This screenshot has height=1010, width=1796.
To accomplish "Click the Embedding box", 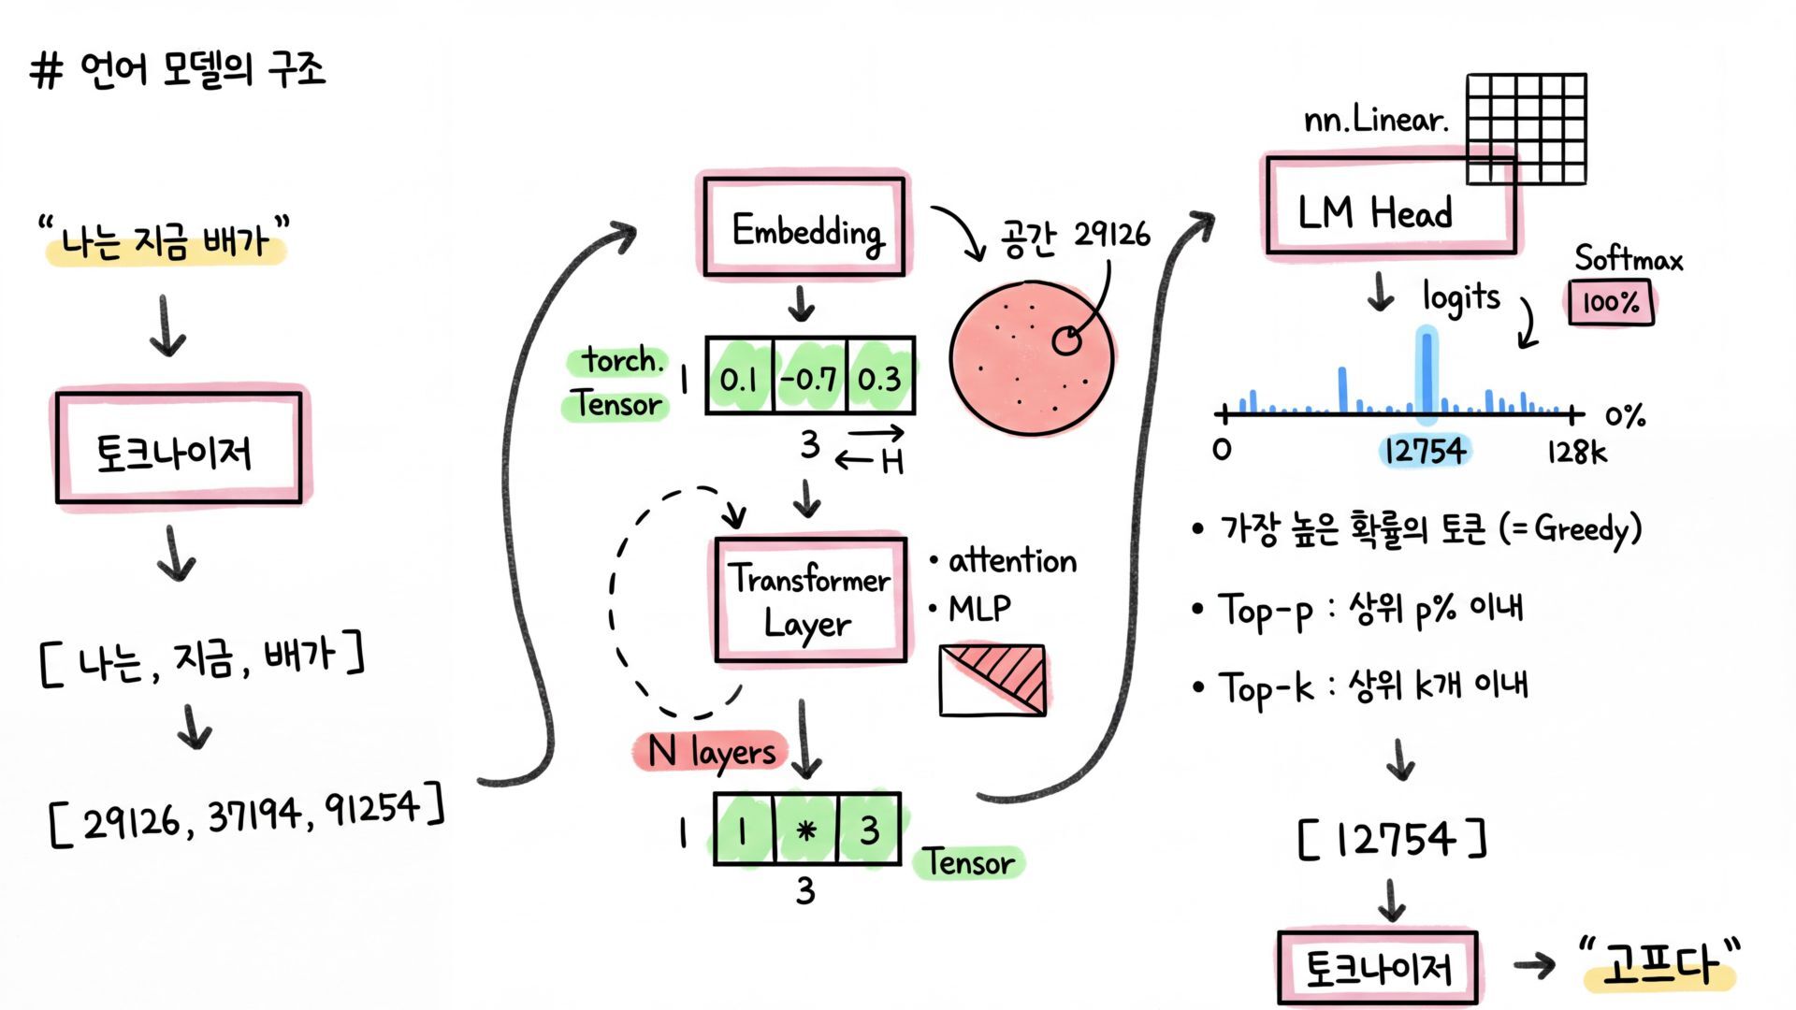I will pyautogui.click(x=804, y=227).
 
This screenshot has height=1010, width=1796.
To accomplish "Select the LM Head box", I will pyautogui.click(x=1391, y=206).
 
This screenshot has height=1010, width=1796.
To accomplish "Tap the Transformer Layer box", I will pyautogui.click(x=810, y=600).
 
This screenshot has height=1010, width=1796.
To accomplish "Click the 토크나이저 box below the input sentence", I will pyautogui.click(x=179, y=449).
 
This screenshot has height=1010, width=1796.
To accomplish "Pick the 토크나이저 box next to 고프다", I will pyautogui.click(x=1378, y=967).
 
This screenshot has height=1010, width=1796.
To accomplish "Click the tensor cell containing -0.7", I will pyautogui.click(x=810, y=377).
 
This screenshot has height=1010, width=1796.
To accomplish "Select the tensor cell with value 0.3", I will pyautogui.click(x=880, y=377).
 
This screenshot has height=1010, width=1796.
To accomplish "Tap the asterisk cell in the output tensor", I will pyautogui.click(x=806, y=830).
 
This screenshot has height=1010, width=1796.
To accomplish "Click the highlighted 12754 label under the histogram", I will pyautogui.click(x=1425, y=452).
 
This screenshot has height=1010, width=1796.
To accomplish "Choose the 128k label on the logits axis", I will pyautogui.click(x=1576, y=453).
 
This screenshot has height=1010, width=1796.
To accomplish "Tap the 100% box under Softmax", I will pyautogui.click(x=1611, y=303).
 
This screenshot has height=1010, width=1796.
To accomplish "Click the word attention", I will pyautogui.click(x=1012, y=560).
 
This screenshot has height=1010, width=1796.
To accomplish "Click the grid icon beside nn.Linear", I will pyautogui.click(x=1527, y=129).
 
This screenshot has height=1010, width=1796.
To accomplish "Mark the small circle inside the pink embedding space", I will pyautogui.click(x=1066, y=341).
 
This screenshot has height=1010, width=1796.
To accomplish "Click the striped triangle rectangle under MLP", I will pyautogui.click(x=992, y=680).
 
